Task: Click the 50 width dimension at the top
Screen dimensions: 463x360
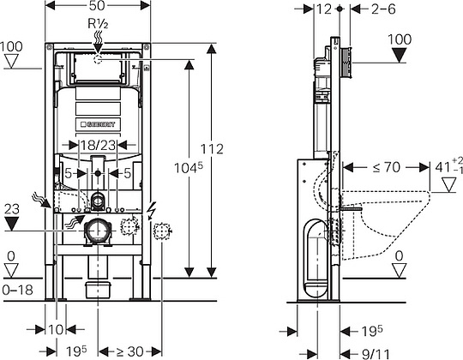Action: point(97,5)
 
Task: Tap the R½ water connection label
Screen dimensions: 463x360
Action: point(98,24)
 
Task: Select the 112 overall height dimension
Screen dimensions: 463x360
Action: point(212,149)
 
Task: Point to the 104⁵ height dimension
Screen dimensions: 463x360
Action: point(189,168)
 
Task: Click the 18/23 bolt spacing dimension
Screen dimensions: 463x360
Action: point(98,145)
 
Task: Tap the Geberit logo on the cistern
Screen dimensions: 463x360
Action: point(98,124)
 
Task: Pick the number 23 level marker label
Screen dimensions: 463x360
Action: point(12,209)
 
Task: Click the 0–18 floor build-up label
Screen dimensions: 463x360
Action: point(17,290)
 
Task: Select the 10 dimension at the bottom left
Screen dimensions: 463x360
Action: point(55,329)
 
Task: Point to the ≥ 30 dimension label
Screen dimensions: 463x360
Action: point(129,351)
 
